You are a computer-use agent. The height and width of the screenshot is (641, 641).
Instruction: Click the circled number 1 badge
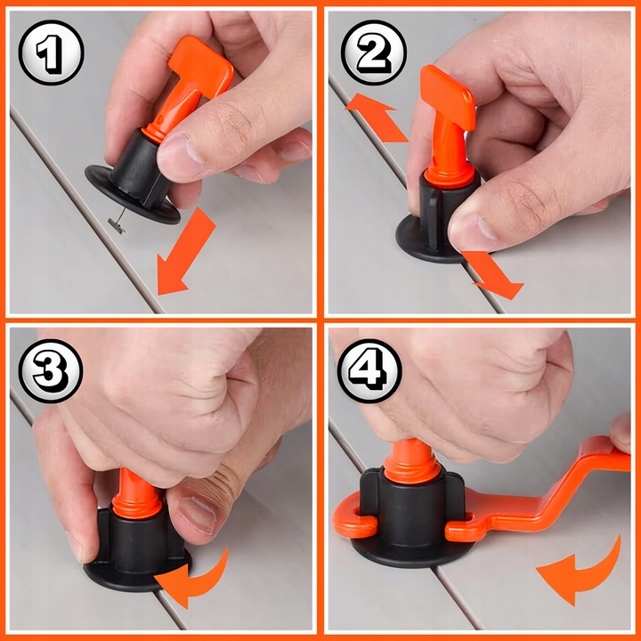point(51,53)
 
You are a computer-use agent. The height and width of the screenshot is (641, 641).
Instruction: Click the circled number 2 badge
point(374,53)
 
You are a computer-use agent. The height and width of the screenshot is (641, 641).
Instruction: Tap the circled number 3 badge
point(51,371)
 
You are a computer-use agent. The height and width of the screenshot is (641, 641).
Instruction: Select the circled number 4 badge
point(369,371)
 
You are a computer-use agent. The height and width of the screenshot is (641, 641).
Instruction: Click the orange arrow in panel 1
point(186,252)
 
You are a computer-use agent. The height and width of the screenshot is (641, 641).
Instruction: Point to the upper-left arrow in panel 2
point(377,118)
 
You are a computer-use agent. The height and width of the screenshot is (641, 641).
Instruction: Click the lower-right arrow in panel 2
point(493,275)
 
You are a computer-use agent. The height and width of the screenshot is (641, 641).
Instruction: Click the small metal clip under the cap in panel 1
point(117,225)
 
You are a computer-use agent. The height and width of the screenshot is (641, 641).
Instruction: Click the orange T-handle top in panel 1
point(201,68)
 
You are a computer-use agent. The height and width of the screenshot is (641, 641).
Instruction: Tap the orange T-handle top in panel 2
point(448,97)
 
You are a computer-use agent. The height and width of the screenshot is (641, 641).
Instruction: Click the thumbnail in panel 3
point(197,515)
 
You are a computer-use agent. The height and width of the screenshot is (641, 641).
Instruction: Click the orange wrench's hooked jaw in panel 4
point(353,517)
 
